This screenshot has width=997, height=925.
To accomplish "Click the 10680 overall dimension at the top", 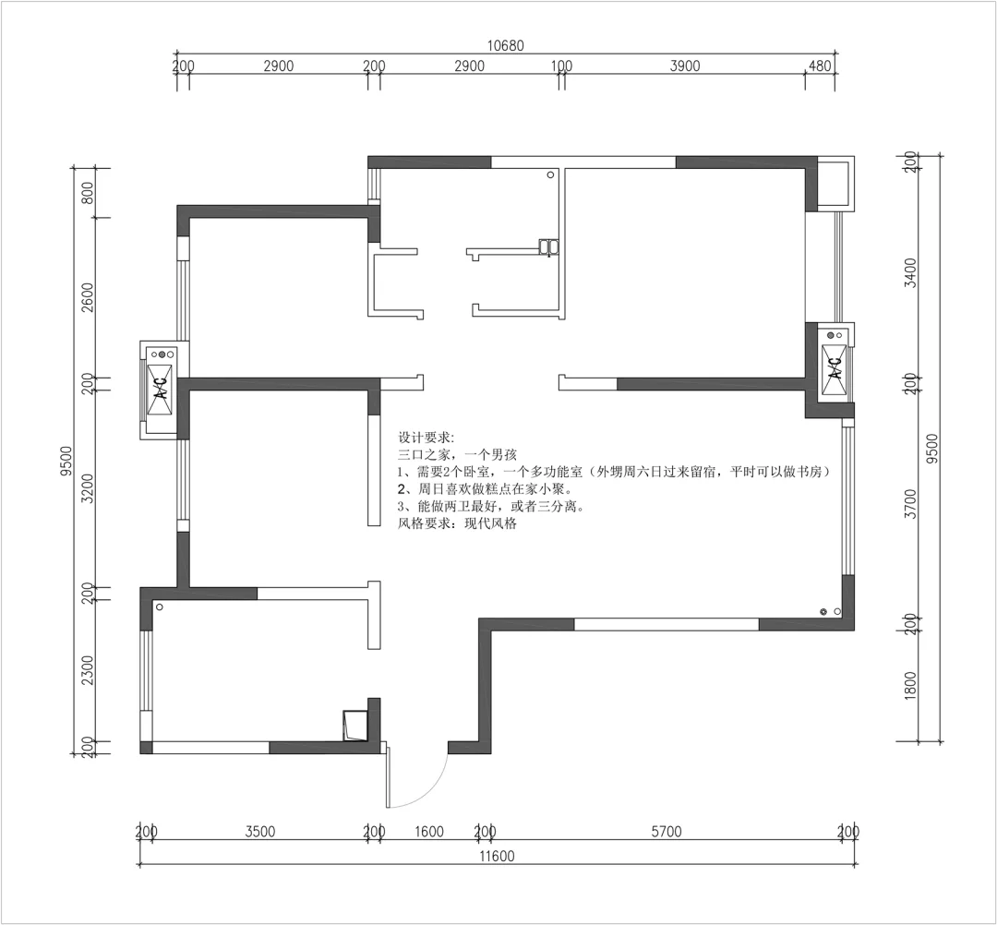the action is pos(506,46).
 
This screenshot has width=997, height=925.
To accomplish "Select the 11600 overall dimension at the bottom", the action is pos(497,857).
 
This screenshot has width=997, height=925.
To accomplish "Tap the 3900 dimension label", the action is pos(685,66).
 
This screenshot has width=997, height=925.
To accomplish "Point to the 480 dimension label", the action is pos(821,66).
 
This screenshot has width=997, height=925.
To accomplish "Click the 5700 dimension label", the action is pos(666,832).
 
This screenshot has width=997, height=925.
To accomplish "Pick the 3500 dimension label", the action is pos(260,832).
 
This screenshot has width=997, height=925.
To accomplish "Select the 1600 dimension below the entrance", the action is pos(428,832).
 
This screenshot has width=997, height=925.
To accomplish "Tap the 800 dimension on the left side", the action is pos(88,193).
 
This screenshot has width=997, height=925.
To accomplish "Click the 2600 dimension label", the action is pos(88,297).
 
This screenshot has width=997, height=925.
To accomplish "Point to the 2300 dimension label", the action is pos(88,671).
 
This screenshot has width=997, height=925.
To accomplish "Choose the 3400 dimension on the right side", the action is pos(911,272).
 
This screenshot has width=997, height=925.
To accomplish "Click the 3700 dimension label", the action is pos(911,503).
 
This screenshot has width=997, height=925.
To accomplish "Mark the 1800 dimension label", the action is pos(910,685).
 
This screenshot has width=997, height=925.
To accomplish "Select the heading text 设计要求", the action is pos(424,438).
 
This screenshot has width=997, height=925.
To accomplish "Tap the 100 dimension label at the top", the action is pos(561,66).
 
